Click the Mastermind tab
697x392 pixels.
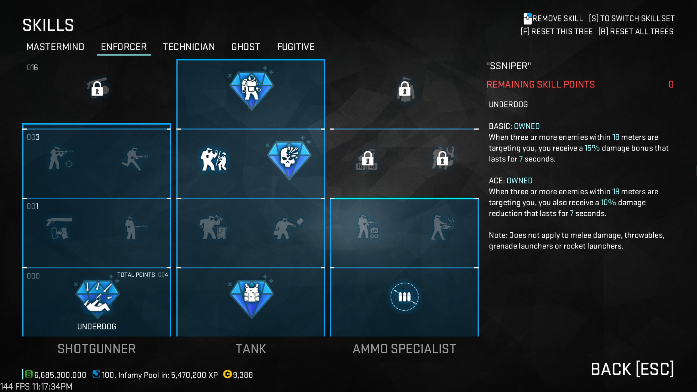tap(55, 47)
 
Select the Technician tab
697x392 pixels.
tap(189, 47)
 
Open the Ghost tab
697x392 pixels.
tap(246, 47)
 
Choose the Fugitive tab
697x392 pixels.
tap(296, 47)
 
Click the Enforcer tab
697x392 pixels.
tap(124, 47)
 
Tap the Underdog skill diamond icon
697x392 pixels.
tap(97, 298)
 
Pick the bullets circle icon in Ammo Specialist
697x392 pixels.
tap(404, 297)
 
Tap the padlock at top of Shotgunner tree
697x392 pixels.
tap(97, 88)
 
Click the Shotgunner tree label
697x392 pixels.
tap(97, 349)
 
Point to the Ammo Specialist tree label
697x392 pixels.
tap(404, 349)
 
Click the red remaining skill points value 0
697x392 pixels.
tap(671, 84)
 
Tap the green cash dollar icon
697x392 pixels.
tap(29, 374)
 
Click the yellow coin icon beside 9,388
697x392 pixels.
tap(227, 374)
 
